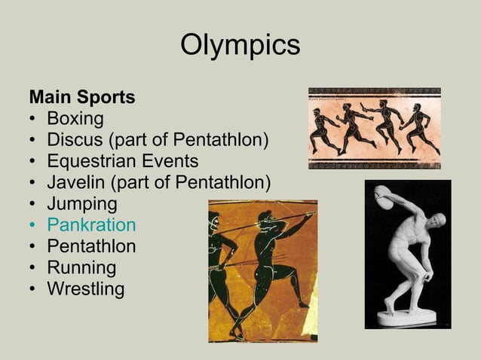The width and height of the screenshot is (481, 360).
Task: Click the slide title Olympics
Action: point(240,45)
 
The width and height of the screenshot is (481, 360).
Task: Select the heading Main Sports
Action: point(81,98)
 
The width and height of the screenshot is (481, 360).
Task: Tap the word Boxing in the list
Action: point(75,119)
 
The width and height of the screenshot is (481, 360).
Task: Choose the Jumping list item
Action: point(82,204)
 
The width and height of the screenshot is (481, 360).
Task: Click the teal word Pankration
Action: point(91,225)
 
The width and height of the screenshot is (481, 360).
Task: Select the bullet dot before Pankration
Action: point(33,225)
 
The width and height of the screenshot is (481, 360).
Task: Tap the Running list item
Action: point(81,267)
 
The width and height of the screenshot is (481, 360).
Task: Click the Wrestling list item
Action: point(85,288)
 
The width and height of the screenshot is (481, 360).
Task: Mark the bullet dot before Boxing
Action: point(33,119)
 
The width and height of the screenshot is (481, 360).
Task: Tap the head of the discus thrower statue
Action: point(437,221)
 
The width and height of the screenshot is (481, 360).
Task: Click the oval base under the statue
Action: point(408,319)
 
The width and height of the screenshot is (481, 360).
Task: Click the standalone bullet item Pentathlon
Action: point(91,246)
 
